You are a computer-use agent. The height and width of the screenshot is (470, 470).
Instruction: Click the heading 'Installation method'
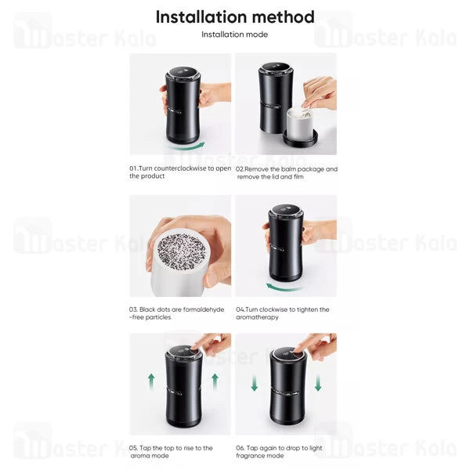click(x=235, y=16)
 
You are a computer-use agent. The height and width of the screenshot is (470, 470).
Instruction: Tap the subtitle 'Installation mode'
click(x=235, y=34)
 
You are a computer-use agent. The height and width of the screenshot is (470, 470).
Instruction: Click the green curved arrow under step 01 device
click(x=186, y=146)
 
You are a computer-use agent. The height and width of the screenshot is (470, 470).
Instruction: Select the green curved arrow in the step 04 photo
click(x=284, y=287)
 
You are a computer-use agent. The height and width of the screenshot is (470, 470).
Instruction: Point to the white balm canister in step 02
click(x=300, y=124)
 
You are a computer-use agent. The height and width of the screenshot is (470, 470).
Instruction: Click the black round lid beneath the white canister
click(x=300, y=139)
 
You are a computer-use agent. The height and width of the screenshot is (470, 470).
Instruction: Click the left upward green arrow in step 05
click(x=151, y=381)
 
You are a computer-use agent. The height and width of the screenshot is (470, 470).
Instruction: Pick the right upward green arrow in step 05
click(x=215, y=381)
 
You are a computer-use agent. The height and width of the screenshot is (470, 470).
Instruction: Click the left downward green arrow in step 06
click(x=255, y=383)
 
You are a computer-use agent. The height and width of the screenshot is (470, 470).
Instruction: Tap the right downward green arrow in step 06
click(x=318, y=383)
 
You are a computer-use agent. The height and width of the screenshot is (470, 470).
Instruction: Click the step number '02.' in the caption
click(x=240, y=169)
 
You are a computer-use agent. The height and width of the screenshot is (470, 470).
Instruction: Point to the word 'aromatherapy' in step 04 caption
click(x=257, y=317)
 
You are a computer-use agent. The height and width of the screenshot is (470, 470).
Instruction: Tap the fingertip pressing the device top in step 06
click(x=297, y=350)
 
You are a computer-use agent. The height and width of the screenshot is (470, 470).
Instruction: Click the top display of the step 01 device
click(x=183, y=72)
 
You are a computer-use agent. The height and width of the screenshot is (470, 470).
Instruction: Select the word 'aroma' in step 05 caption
click(x=139, y=456)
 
